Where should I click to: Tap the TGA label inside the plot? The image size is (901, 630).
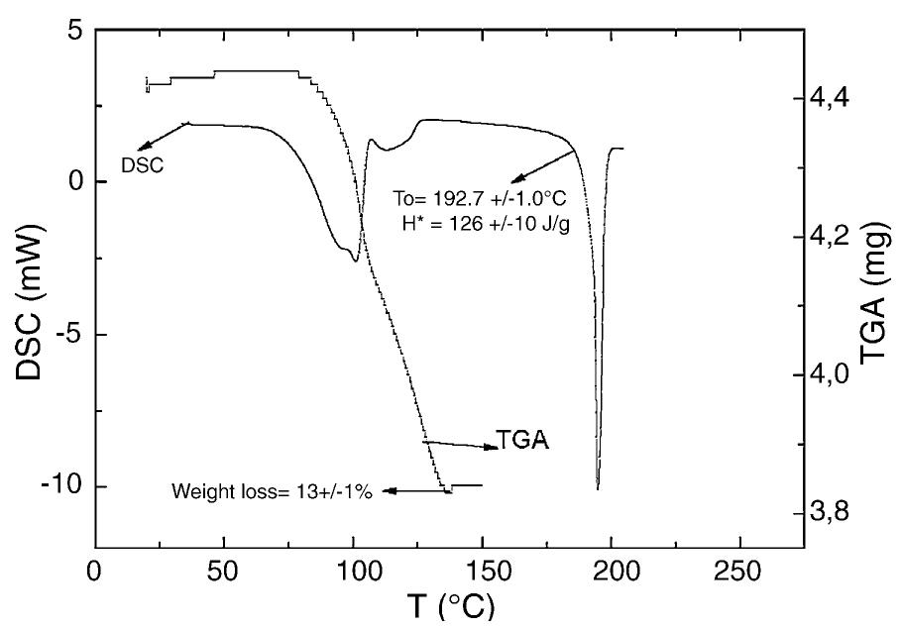point(522,442)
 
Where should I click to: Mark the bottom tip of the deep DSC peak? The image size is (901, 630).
point(598,488)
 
